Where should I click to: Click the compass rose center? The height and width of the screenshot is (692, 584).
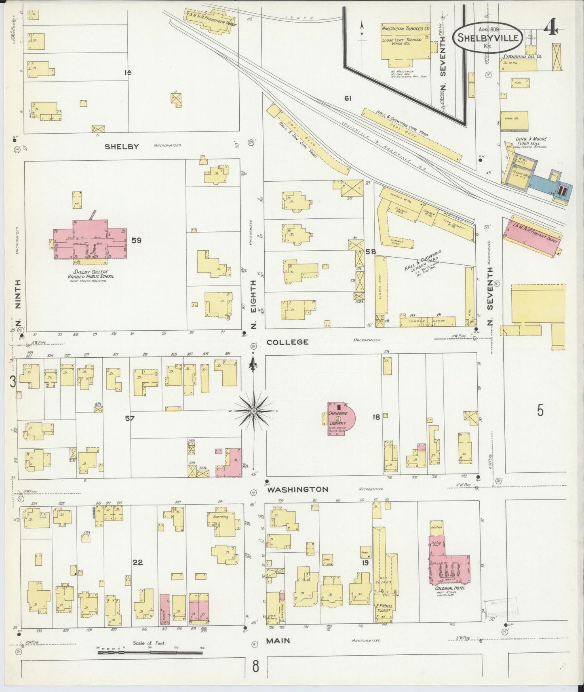[253, 411]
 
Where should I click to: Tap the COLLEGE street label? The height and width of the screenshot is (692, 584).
[287, 342]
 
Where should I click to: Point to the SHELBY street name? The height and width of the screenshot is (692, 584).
[122, 147]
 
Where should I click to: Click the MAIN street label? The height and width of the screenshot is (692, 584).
[278, 641]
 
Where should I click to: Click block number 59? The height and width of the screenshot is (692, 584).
[136, 240]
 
